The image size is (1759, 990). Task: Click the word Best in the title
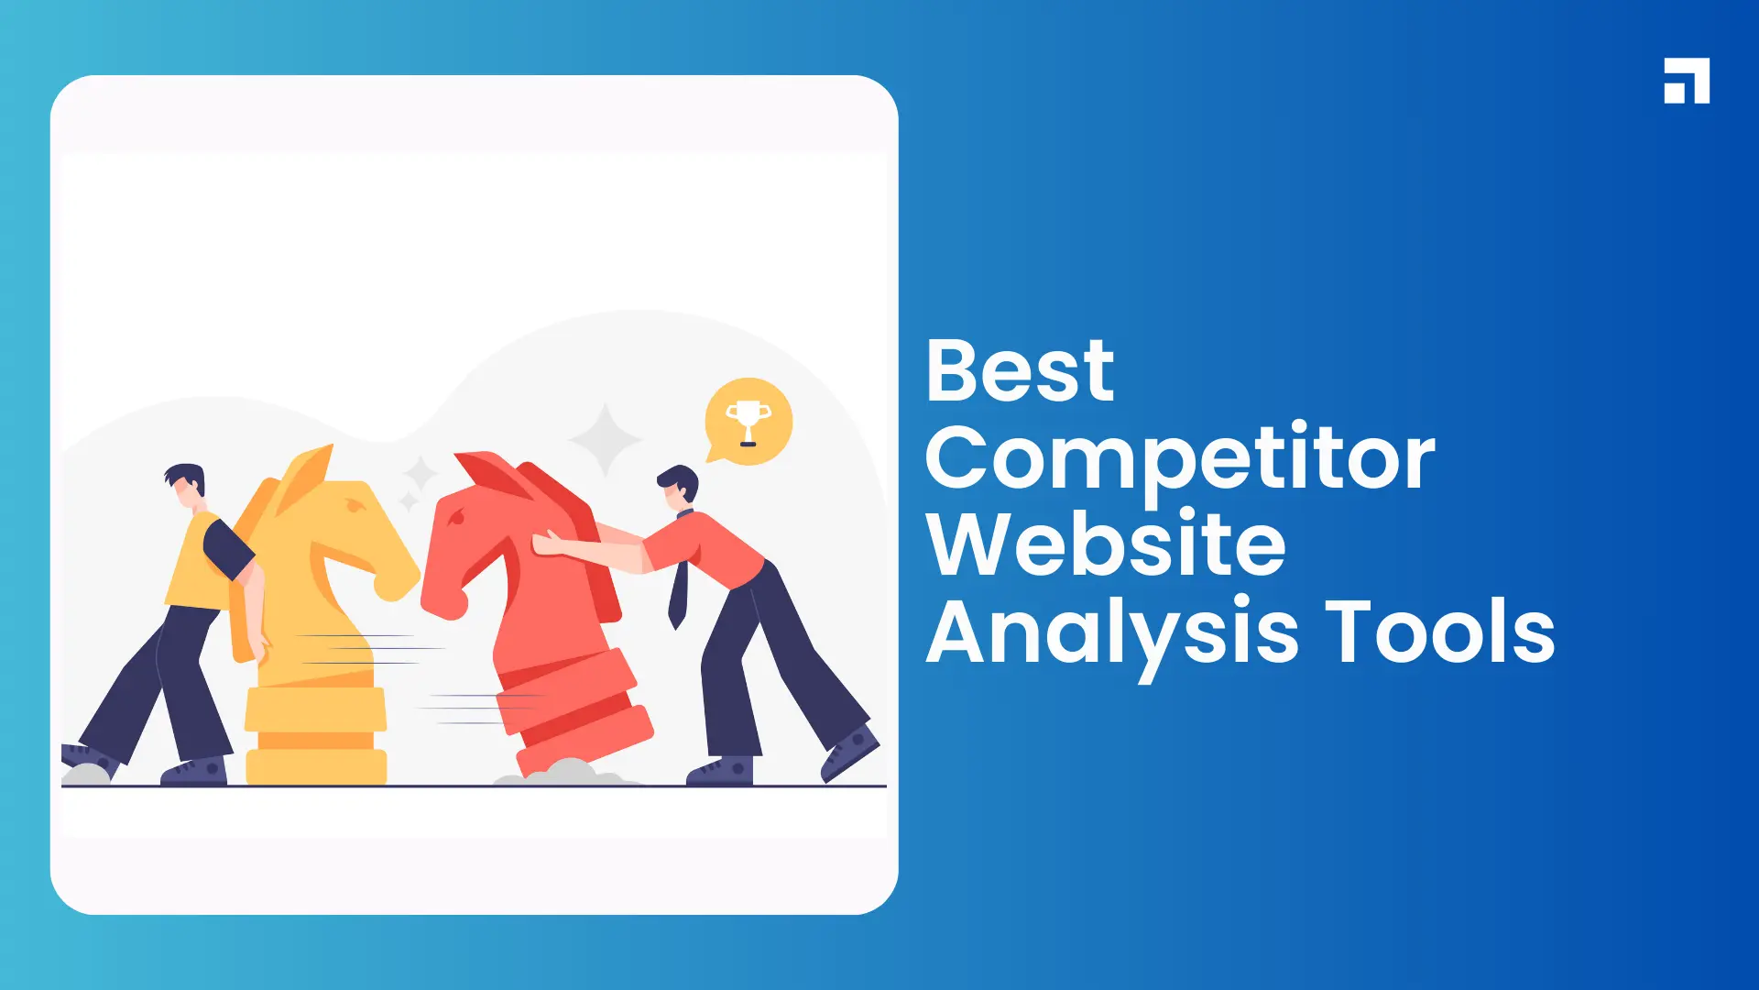pos(1020,371)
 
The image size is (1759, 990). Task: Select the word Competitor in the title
pos(1180,458)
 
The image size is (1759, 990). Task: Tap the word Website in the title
pos(1106,544)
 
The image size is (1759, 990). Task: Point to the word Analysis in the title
pos(1112,632)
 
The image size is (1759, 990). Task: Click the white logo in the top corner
pos(1687,81)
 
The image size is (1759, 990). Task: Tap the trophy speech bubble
pos(748,422)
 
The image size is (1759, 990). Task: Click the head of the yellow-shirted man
pos(187,486)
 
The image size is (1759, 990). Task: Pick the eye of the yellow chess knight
pos(355,506)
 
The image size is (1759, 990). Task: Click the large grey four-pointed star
pos(605,439)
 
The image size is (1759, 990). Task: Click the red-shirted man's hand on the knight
pos(547,543)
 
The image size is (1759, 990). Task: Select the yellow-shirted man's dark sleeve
pos(226,548)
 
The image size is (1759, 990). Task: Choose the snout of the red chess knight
pos(440,596)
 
